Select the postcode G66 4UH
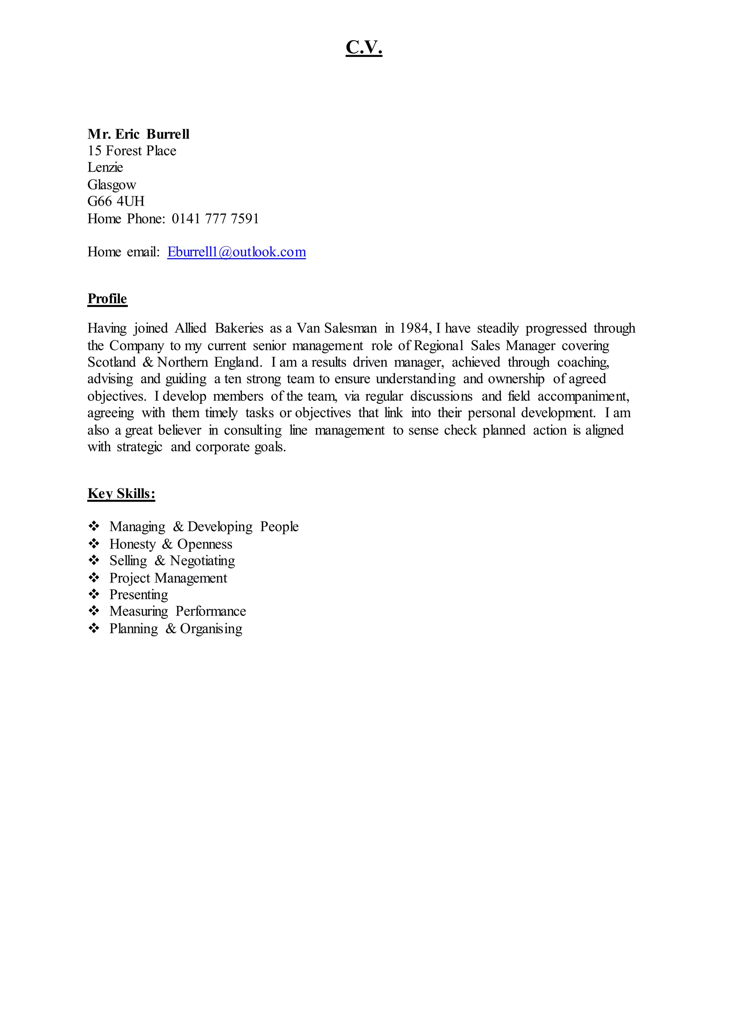(x=116, y=201)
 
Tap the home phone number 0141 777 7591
(x=215, y=219)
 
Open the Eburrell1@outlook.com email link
(x=237, y=252)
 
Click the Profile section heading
(x=107, y=299)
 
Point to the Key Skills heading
(x=121, y=493)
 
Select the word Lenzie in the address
(x=105, y=167)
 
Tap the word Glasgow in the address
(x=111, y=184)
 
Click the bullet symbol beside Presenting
(x=94, y=594)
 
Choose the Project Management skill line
(x=168, y=578)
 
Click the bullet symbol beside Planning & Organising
(x=94, y=628)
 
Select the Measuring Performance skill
(x=177, y=611)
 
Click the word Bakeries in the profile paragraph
(x=239, y=328)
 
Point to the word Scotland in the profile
(x=111, y=362)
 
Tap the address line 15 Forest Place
(x=131, y=151)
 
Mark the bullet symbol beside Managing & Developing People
(x=94, y=526)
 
